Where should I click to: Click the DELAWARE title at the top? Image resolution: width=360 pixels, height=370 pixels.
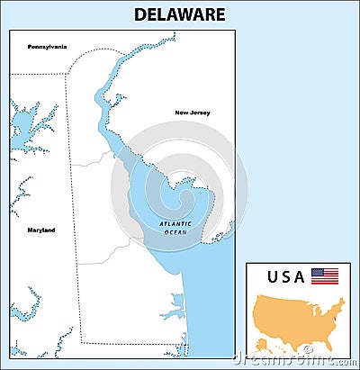pos(179,14)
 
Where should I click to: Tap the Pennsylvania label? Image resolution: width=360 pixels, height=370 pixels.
pos(47,46)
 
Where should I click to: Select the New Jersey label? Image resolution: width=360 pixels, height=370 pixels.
pos(192,113)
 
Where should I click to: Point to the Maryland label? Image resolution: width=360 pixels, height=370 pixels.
pos(40,230)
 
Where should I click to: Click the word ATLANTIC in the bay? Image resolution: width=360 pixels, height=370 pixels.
pos(175,223)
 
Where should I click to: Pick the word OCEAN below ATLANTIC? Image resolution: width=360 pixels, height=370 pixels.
pos(175,232)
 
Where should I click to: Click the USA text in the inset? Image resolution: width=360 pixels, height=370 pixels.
pos(286,275)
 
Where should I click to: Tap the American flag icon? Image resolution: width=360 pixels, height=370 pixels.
pos(324,275)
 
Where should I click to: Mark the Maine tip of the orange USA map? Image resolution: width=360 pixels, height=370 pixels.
pos(343,298)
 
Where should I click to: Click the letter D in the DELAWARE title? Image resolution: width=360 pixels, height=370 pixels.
pos(139,14)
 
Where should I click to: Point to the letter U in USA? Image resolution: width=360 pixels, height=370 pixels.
pos(274,275)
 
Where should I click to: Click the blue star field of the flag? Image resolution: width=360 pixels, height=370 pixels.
pos(316,272)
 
